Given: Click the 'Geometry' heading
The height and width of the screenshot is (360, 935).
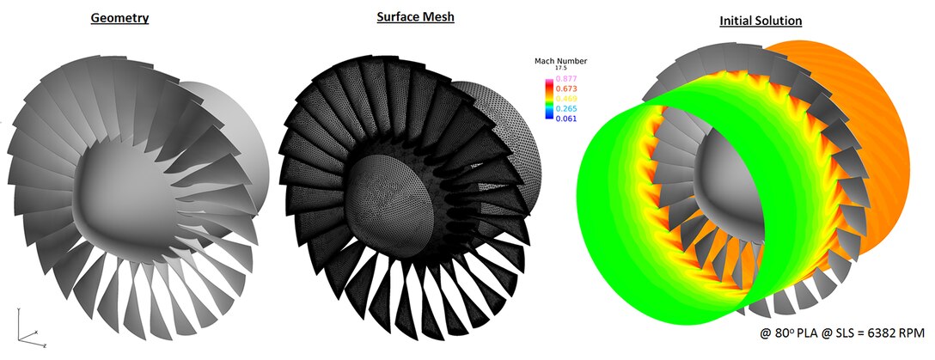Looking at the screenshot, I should click(120, 18).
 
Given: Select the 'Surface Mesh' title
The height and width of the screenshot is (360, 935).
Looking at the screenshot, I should click(415, 17).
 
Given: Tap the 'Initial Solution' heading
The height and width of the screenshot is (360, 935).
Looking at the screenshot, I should click(761, 20).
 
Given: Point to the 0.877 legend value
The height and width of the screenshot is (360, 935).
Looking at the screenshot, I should click(565, 78).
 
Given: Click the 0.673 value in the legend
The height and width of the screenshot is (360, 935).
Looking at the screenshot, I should click(565, 88).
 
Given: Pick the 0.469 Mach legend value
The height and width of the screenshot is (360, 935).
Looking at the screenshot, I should click(565, 99).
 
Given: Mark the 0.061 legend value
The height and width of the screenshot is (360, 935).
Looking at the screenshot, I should click(565, 119).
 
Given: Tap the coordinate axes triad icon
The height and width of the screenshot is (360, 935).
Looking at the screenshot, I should click(27, 327).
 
